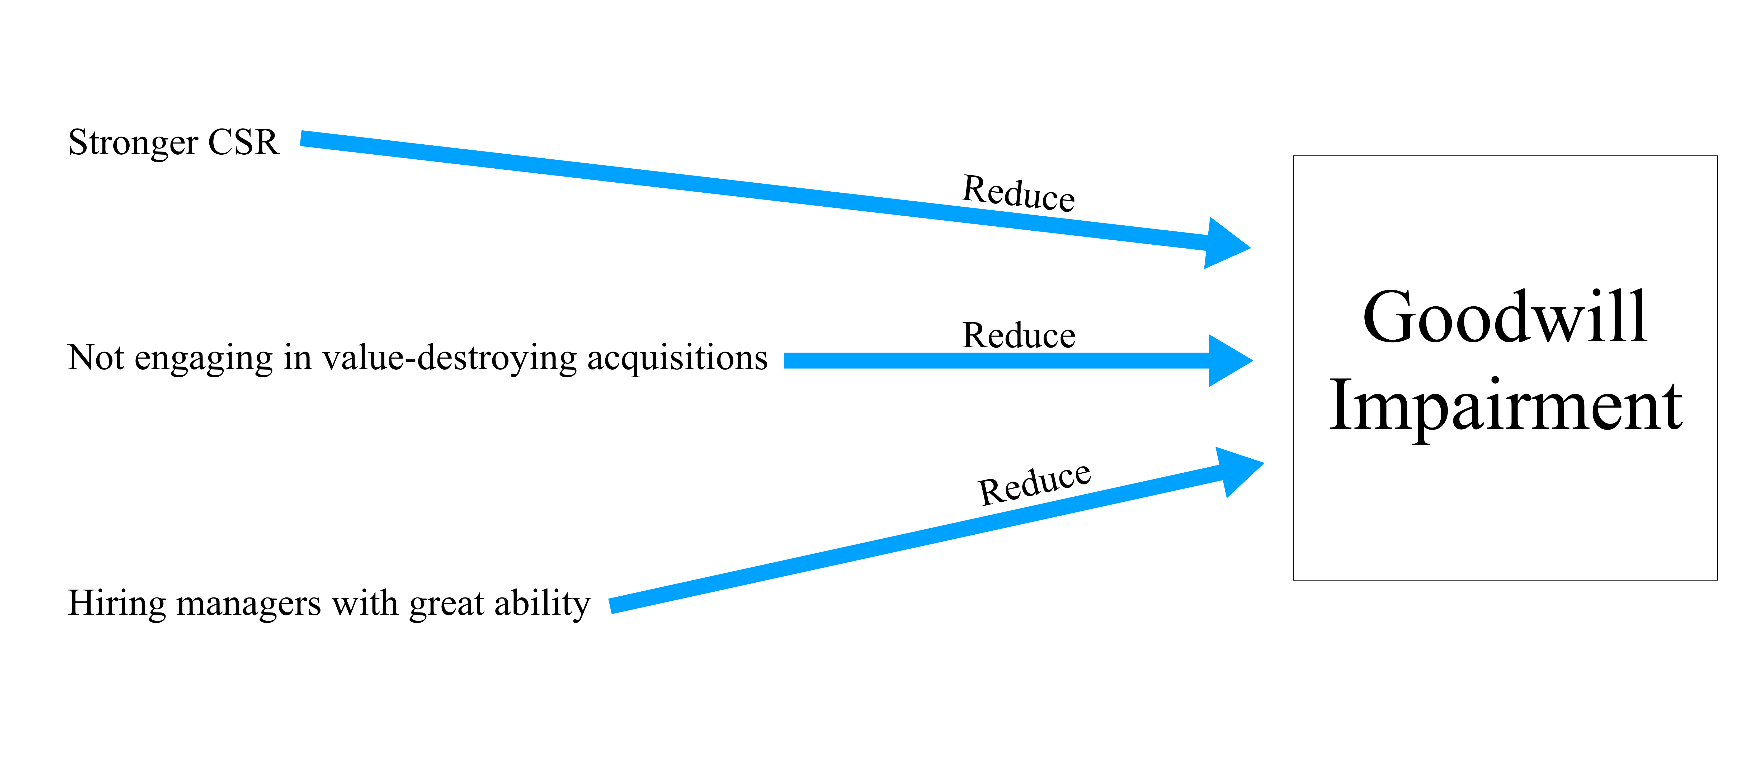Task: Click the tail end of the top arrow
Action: pos(301,139)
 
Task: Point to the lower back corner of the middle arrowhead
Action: pos(1209,387)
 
